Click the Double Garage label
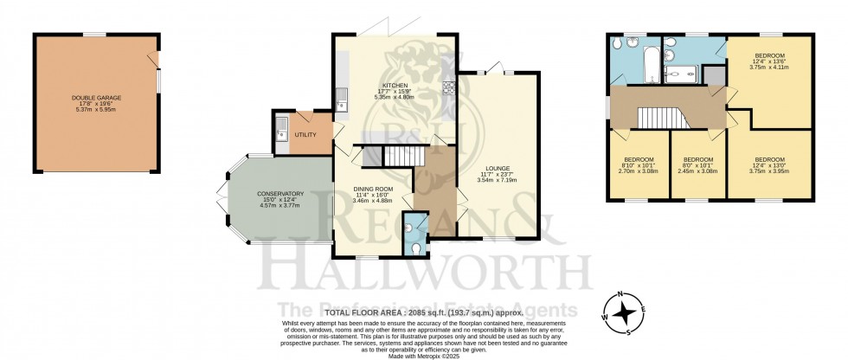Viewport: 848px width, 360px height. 96,98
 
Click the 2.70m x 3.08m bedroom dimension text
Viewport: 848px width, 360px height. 640,171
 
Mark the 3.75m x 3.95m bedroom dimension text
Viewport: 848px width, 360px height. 770,171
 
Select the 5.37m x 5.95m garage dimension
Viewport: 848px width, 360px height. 96,109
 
